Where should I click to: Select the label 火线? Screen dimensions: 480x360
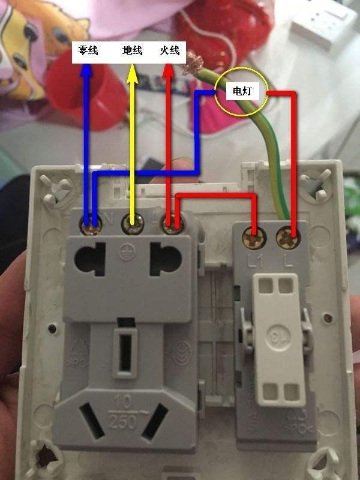[170, 51]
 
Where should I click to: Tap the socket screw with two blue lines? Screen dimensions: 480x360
[92, 224]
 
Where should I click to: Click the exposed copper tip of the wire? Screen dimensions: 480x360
[194, 61]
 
